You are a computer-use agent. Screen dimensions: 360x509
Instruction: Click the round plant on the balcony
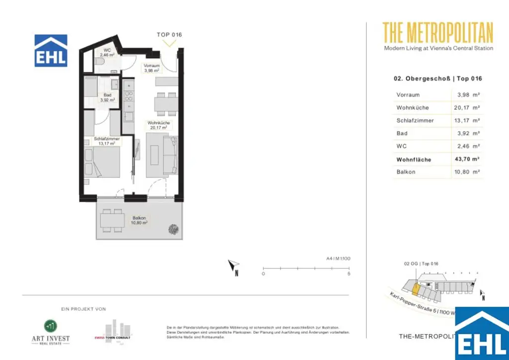point(174,230)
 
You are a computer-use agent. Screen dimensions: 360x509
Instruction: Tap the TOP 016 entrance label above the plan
point(170,35)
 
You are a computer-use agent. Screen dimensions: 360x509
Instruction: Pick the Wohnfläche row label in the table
point(414,160)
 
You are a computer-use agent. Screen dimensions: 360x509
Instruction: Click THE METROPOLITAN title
point(437,33)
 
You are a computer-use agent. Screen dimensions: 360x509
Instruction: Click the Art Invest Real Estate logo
point(48,332)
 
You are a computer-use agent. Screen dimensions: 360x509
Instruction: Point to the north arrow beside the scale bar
point(234,267)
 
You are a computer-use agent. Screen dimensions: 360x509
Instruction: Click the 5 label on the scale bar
point(349,274)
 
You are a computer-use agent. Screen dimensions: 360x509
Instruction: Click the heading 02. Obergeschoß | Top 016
point(437,79)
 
